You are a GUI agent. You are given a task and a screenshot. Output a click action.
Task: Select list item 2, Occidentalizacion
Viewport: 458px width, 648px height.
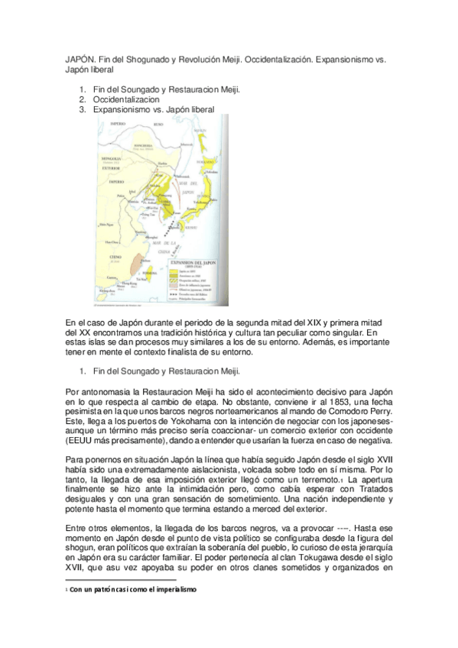pyautogui.click(x=126, y=99)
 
